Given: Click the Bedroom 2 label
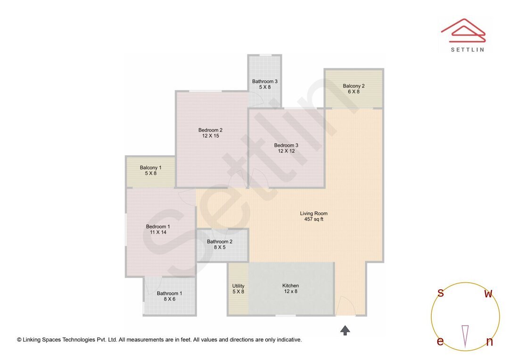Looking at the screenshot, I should (x=210, y=130).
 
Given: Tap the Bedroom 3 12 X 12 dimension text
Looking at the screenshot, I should (x=286, y=151).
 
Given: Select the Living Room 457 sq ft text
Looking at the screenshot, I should (x=313, y=219).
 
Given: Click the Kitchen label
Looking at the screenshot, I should (x=290, y=286).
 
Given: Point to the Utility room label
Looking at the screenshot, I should (x=238, y=286).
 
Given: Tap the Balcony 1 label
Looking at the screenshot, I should (x=150, y=168).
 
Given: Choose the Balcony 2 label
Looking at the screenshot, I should (x=353, y=86).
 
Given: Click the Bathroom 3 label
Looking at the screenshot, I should (x=264, y=81).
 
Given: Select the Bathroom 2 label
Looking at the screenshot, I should (x=220, y=242).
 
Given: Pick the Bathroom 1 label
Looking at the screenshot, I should (x=169, y=293).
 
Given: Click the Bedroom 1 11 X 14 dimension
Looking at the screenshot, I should (x=158, y=232).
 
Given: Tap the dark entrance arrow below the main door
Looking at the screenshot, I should (x=345, y=330).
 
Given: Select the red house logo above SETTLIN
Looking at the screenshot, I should (x=463, y=29).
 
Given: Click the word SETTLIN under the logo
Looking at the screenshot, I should (x=467, y=49).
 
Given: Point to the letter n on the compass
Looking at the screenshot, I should (x=489, y=342).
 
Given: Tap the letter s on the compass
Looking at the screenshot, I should (x=440, y=293).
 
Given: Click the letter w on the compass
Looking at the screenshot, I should (x=488, y=294).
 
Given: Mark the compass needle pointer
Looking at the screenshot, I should (x=465, y=335).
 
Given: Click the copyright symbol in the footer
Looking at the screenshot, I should (x=19, y=340).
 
